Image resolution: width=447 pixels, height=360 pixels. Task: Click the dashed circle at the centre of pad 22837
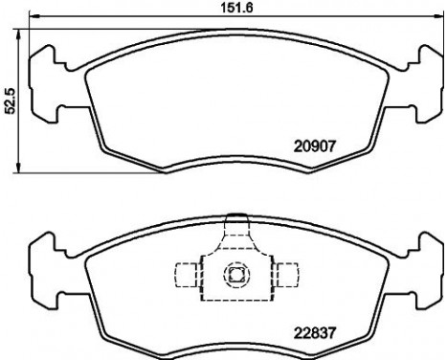(x=233, y=276)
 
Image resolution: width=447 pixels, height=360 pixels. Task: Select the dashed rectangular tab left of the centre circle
(x=186, y=276)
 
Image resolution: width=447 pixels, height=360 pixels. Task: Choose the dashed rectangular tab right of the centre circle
(x=279, y=276)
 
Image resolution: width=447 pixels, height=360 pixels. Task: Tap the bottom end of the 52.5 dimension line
(x=21, y=172)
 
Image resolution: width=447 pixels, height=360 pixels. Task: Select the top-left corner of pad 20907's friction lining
(x=88, y=70)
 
